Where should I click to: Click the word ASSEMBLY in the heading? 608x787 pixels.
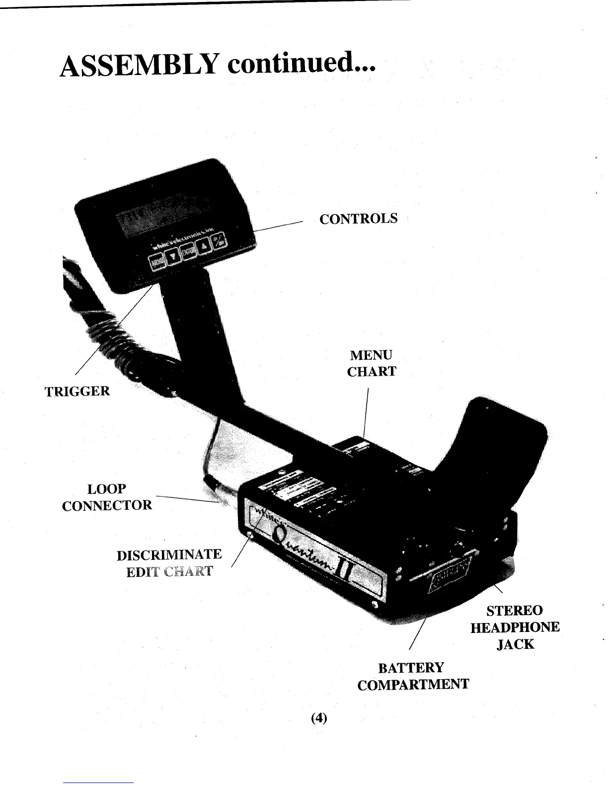click(140, 66)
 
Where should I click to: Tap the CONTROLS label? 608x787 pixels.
click(358, 219)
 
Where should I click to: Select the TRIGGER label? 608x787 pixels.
click(77, 391)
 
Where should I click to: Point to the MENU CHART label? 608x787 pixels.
click(371, 363)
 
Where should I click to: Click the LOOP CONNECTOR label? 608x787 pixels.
click(107, 497)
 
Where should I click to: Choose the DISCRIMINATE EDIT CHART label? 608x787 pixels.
click(169, 562)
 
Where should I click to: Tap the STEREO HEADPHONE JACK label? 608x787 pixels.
click(515, 627)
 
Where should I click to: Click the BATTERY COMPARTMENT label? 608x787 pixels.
click(412, 676)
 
